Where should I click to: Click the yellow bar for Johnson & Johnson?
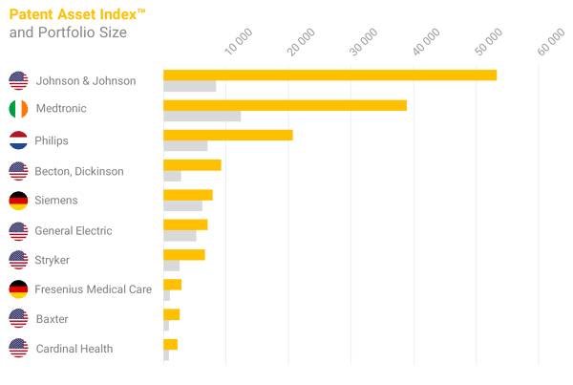click(x=330, y=75)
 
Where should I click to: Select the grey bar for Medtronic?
click(x=202, y=116)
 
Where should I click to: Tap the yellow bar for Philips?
click(x=228, y=135)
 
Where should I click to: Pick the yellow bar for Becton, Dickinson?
click(x=192, y=165)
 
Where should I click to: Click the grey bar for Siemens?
click(x=182, y=205)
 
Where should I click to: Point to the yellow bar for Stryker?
click(x=184, y=254)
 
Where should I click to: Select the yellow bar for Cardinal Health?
click(x=170, y=345)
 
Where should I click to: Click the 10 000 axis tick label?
click(x=239, y=42)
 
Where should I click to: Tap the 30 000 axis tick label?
click(x=364, y=42)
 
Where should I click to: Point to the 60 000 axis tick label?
click(x=551, y=42)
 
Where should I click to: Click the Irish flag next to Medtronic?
click(x=18, y=109)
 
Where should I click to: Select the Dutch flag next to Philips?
click(x=18, y=140)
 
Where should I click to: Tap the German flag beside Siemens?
click(x=18, y=201)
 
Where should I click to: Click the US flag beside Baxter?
click(x=18, y=318)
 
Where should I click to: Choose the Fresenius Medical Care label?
click(x=94, y=289)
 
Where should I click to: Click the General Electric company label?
click(x=74, y=230)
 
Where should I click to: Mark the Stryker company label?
click(x=52, y=260)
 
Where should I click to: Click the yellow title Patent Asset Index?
click(x=77, y=14)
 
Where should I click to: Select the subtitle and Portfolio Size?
click(x=68, y=32)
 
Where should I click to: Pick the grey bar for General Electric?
click(x=180, y=236)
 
